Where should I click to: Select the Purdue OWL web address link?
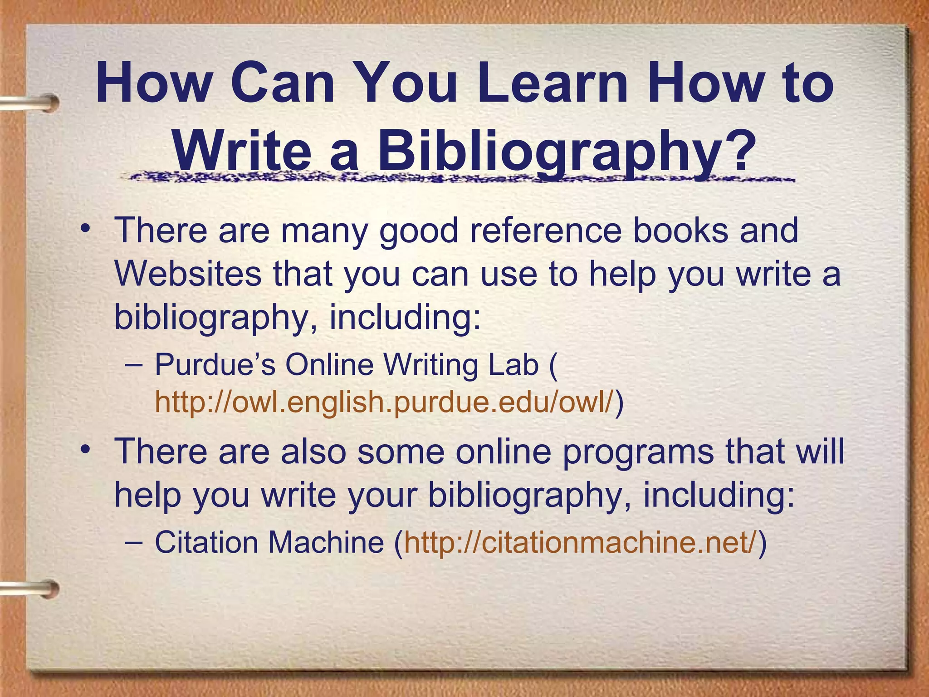tap(384, 402)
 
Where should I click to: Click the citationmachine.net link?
tap(581, 542)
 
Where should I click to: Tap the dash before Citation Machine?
tap(133, 543)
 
